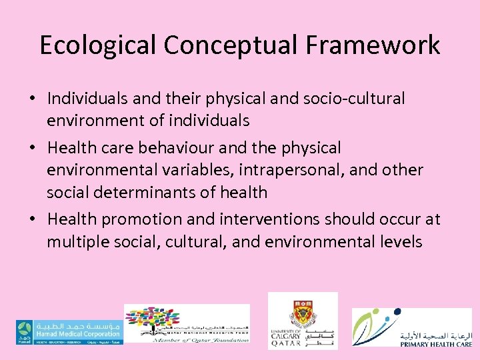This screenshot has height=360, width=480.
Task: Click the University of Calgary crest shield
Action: click(x=303, y=311)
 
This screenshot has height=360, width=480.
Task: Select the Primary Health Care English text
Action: click(x=437, y=343)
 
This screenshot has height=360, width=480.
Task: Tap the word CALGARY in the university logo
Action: click(x=285, y=337)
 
